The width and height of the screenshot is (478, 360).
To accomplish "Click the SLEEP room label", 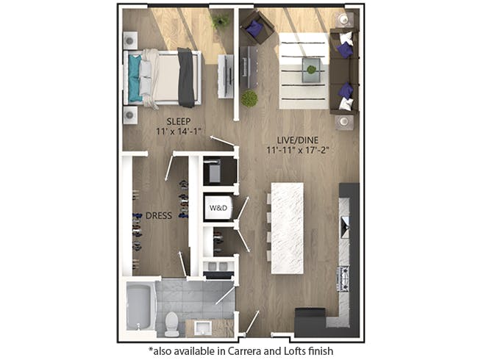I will pyautogui.click(x=179, y=121).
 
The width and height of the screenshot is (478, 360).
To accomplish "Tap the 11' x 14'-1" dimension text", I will pyautogui.click(x=179, y=132).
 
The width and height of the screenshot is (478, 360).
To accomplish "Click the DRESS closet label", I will pyautogui.click(x=159, y=216).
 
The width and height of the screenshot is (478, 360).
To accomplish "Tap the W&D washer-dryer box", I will pyautogui.click(x=219, y=207).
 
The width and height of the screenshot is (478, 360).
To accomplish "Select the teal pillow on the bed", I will pyautogui.click(x=135, y=78).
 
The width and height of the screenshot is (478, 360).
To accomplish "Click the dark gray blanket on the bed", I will pyautogui.click(x=186, y=76).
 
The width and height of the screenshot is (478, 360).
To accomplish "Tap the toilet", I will pyautogui.click(x=171, y=323).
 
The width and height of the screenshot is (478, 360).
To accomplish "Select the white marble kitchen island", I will pyautogui.click(x=287, y=228).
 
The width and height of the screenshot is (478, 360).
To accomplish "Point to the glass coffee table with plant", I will pyautogui.click(x=311, y=70).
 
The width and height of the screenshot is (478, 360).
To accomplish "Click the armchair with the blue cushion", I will pyautogui.click(x=257, y=28).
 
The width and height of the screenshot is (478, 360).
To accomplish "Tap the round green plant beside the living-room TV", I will pyautogui.click(x=249, y=98).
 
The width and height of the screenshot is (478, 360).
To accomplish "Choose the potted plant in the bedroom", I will pyautogui.click(x=220, y=21).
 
